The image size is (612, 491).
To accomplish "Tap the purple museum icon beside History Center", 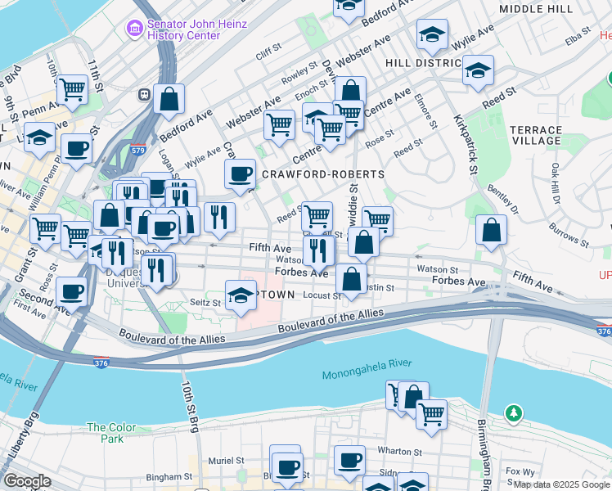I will tap(133, 29).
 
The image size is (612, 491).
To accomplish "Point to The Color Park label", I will tap(105, 433).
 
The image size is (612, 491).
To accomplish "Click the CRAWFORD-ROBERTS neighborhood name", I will tap(322, 174).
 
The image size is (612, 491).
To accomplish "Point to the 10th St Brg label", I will tap(189, 408).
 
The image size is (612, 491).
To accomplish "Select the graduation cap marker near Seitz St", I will tap(241, 295).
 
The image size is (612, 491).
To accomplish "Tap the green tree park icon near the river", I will tap(513, 413).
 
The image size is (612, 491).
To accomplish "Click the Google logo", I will tap(27, 480).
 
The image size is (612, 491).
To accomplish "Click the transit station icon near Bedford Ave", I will tap(144, 94).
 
